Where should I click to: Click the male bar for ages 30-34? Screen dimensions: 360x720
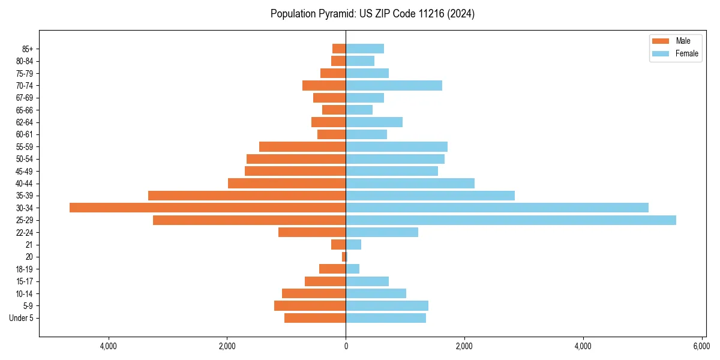[208, 208]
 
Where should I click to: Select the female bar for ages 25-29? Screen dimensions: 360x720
[511, 220]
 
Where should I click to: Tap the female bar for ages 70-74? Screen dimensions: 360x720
[394, 85]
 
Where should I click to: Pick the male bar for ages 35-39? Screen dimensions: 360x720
[247, 196]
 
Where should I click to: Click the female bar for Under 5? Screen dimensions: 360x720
[386, 318]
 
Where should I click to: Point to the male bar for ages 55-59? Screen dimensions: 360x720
[302, 146]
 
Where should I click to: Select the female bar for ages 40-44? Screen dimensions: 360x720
[410, 183]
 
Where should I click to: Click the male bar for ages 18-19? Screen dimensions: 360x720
[332, 269]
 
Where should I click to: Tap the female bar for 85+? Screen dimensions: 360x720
[365, 49]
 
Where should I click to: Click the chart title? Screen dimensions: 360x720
[372, 14]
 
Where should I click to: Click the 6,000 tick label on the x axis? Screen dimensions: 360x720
[701, 346]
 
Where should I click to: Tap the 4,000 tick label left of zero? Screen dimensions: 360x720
[109, 346]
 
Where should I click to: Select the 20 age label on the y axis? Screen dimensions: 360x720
[29, 257]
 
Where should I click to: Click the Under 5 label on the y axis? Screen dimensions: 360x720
[21, 318]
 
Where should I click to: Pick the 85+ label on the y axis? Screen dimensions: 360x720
[26, 49]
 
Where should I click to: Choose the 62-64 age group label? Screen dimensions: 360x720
[25, 122]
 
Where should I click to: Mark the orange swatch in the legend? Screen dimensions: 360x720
[660, 41]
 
